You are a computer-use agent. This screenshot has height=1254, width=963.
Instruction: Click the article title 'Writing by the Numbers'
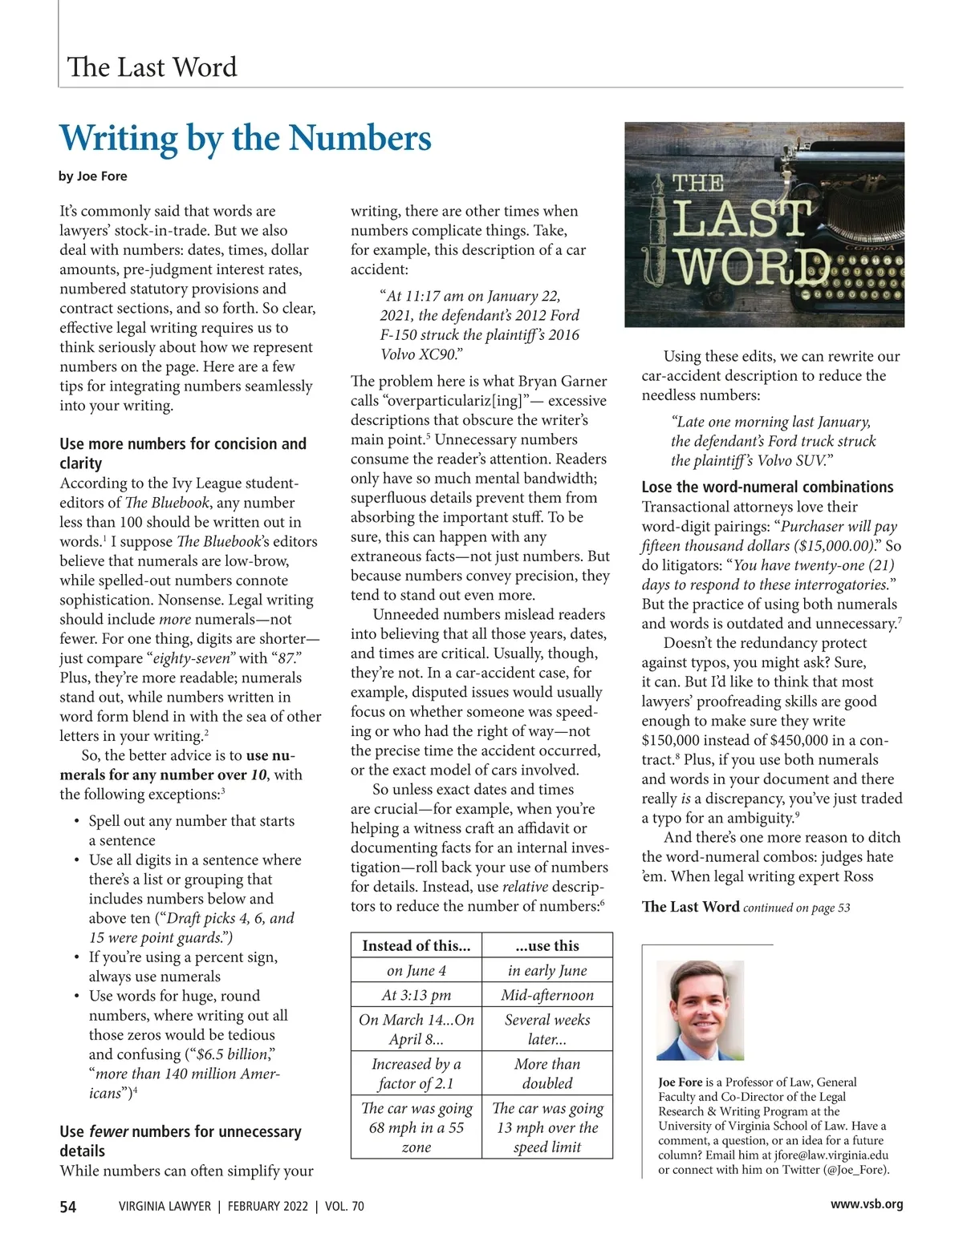pyautogui.click(x=246, y=138)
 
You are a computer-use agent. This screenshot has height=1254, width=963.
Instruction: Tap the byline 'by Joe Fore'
pyautogui.click(x=93, y=176)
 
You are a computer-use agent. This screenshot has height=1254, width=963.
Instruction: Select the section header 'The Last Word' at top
pyautogui.click(x=152, y=67)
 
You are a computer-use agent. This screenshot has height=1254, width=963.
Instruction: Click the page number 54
pyautogui.click(x=68, y=1206)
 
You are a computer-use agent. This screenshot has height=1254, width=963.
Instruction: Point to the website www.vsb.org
pyautogui.click(x=866, y=1203)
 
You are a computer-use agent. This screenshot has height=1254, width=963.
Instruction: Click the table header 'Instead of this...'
pyautogui.click(x=416, y=945)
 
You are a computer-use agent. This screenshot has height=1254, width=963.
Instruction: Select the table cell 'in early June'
pyautogui.click(x=547, y=970)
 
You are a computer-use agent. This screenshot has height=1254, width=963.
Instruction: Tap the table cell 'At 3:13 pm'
pyautogui.click(x=416, y=995)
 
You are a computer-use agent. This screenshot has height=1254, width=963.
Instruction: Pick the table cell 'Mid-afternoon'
pyautogui.click(x=547, y=995)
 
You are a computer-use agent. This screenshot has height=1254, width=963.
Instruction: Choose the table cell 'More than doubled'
pyautogui.click(x=547, y=1074)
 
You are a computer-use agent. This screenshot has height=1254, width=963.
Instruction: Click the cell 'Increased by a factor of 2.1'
pyautogui.click(x=416, y=1074)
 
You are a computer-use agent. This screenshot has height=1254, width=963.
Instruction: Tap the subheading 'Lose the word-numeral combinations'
pyautogui.click(x=767, y=487)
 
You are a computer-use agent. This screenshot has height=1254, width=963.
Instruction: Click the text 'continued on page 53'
pyautogui.click(x=796, y=908)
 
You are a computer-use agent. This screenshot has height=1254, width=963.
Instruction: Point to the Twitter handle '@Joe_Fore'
pyautogui.click(x=855, y=1169)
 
